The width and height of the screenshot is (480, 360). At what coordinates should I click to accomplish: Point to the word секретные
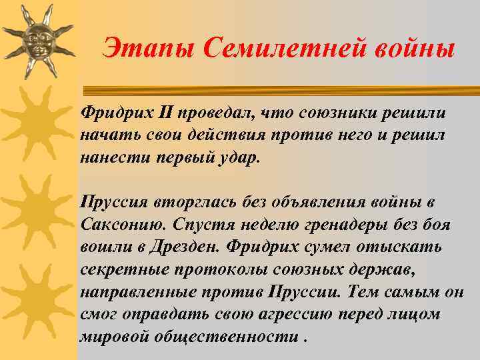coord(119,269)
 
